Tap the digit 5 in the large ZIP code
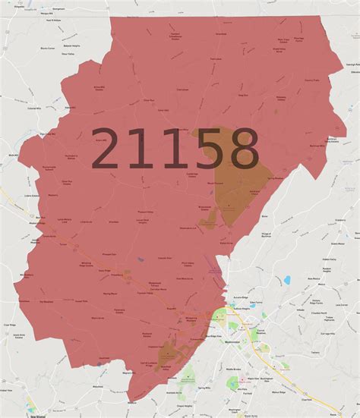click(198, 148)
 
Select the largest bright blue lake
click(287, 280)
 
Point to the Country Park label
click(312, 79)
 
